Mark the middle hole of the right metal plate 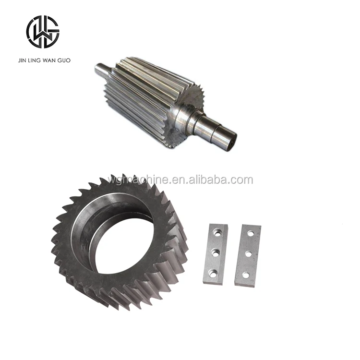click(x=248, y=254)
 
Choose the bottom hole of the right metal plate click(x=246, y=275)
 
